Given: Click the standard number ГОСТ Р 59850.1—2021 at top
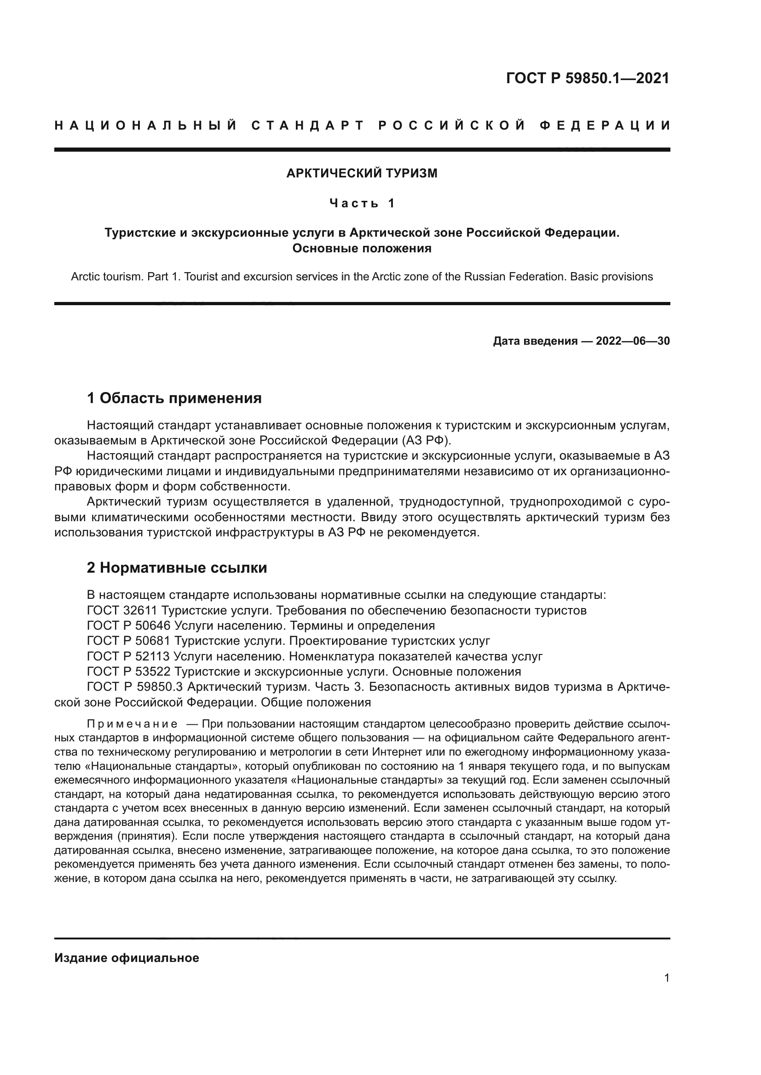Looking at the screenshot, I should pyautogui.click(x=588, y=78).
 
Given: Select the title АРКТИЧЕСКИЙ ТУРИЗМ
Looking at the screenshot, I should pyautogui.click(x=362, y=173).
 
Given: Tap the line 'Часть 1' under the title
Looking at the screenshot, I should pyautogui.click(x=362, y=203).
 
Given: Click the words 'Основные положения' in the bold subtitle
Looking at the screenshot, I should pyautogui.click(x=362, y=249).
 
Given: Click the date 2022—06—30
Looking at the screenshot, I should pyautogui.click(x=633, y=341).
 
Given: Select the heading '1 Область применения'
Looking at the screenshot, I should pyautogui.click(x=174, y=398).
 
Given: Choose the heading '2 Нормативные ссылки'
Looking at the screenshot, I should pyautogui.click(x=177, y=568).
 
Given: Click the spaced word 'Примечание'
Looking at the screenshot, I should pyautogui.click(x=132, y=724).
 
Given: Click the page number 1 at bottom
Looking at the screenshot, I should pyautogui.click(x=667, y=978).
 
